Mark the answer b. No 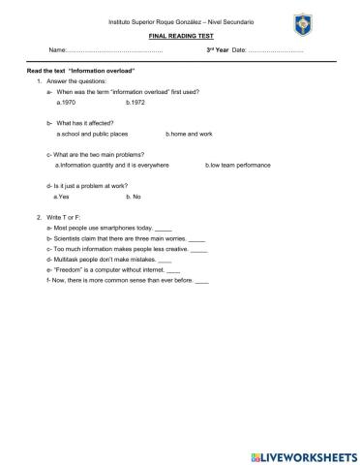(134, 197)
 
